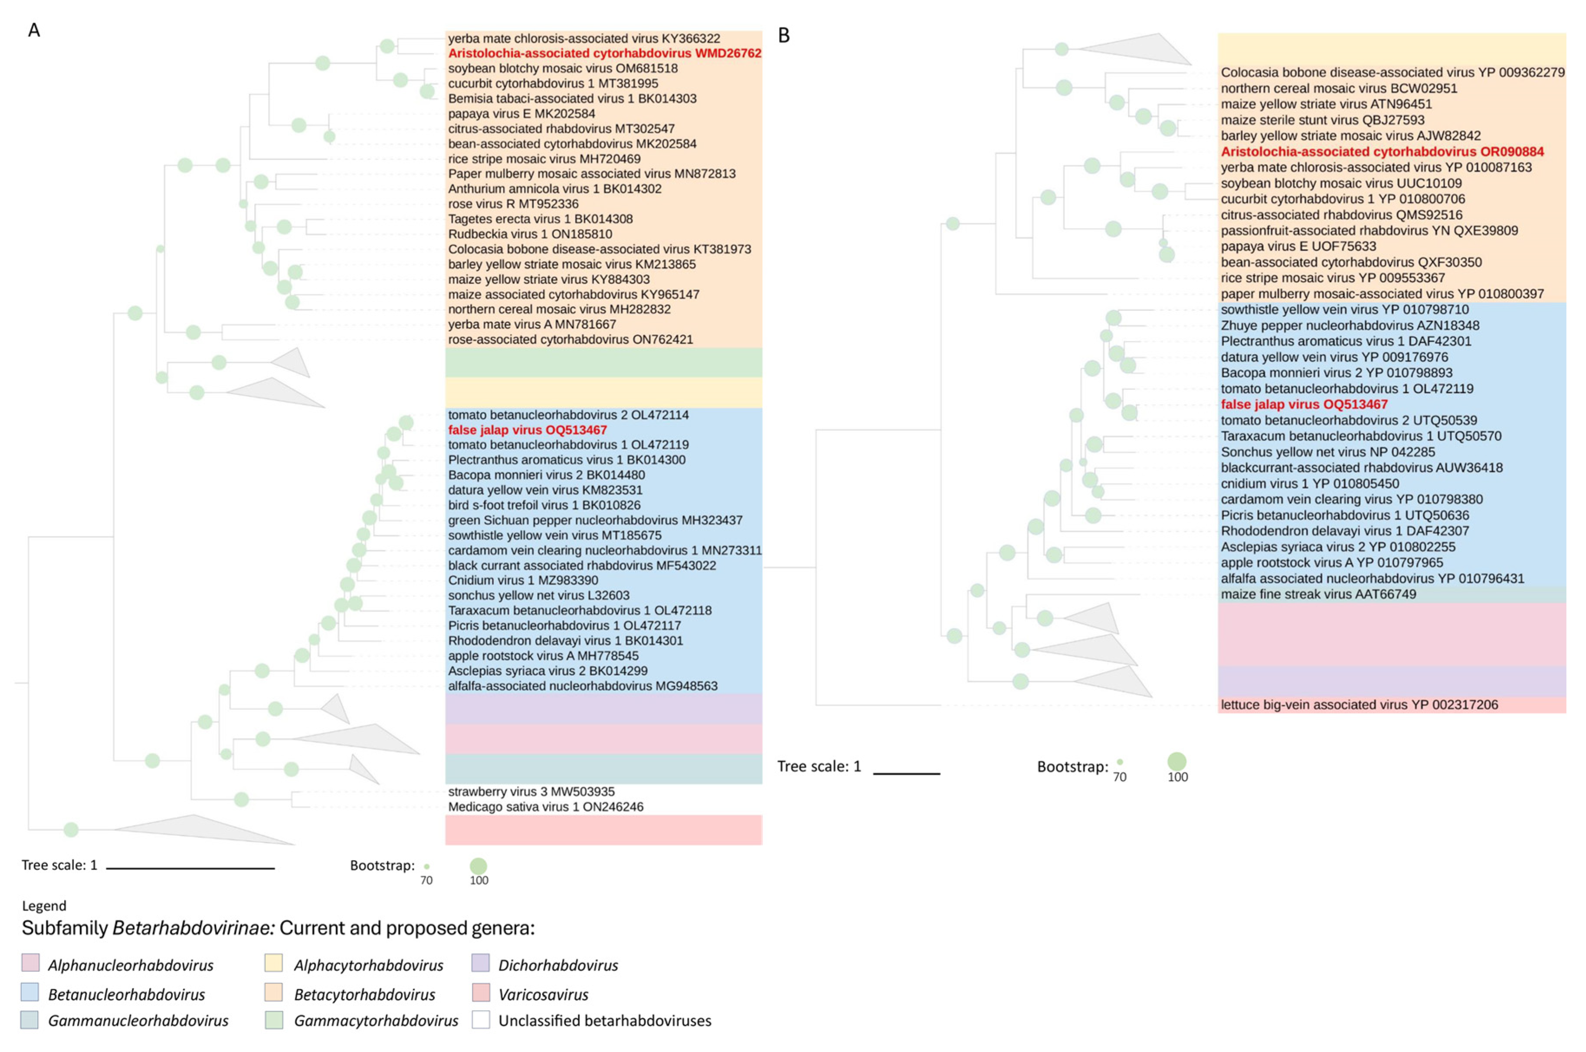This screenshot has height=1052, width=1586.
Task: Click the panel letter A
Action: click(x=33, y=30)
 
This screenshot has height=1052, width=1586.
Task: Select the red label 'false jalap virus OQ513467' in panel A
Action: click(x=527, y=430)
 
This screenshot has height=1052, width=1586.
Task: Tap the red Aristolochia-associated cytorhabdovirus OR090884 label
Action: click(x=1382, y=151)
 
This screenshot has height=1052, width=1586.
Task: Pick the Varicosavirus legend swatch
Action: click(x=480, y=992)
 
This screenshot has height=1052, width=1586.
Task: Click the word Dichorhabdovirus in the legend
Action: click(x=558, y=965)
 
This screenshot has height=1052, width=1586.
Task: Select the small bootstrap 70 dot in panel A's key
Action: click(x=426, y=867)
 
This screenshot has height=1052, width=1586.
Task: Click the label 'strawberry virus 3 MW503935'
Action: click(x=531, y=792)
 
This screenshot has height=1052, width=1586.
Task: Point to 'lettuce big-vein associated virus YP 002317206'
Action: click(x=1359, y=704)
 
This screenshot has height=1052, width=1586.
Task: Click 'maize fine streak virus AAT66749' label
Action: click(x=1318, y=594)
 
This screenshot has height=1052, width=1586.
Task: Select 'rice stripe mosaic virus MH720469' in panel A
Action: click(x=544, y=159)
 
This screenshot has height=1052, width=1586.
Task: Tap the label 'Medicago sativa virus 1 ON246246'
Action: click(x=545, y=806)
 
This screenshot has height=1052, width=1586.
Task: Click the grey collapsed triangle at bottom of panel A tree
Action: click(x=201, y=830)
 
